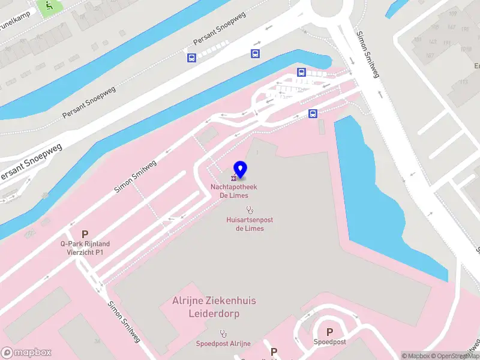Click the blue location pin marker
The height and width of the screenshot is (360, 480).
click(x=240, y=169)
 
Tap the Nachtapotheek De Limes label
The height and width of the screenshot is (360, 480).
click(x=234, y=191)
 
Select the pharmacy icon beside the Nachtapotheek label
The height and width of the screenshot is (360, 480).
click(x=233, y=178)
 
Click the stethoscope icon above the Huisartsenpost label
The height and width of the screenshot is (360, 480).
click(x=249, y=209)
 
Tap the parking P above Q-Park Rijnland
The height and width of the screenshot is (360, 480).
click(x=85, y=234)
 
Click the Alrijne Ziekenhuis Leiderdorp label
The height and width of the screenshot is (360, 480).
click(x=214, y=307)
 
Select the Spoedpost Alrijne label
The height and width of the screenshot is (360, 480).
click(x=223, y=343)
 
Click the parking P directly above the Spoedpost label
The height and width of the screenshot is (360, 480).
click(x=329, y=331)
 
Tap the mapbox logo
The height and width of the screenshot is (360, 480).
click(x=26, y=353)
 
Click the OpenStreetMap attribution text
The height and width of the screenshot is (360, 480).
click(x=457, y=356)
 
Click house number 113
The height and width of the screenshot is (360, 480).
click(x=464, y=83)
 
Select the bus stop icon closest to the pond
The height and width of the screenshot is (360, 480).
click(x=313, y=113)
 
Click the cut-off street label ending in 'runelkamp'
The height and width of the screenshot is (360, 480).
click(x=13, y=26)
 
